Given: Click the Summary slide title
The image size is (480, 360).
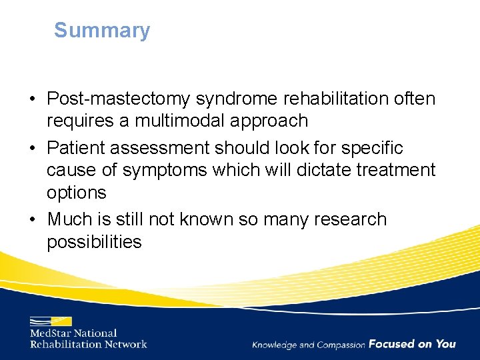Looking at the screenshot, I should click(102, 31).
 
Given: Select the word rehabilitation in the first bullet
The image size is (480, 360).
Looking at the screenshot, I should click(341, 99).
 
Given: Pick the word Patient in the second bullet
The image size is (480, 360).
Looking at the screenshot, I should click(80, 148).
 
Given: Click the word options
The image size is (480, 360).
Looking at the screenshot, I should click(76, 193).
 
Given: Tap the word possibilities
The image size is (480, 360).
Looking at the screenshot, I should click(94, 241).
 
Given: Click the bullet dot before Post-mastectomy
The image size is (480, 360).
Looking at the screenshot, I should click(33, 100).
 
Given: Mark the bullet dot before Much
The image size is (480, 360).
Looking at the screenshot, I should click(33, 220).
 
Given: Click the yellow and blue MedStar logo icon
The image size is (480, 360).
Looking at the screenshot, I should click(51, 321).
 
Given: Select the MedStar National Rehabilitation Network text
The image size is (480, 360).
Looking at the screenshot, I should click(88, 339).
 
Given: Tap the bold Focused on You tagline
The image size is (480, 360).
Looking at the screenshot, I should click(412, 344).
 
